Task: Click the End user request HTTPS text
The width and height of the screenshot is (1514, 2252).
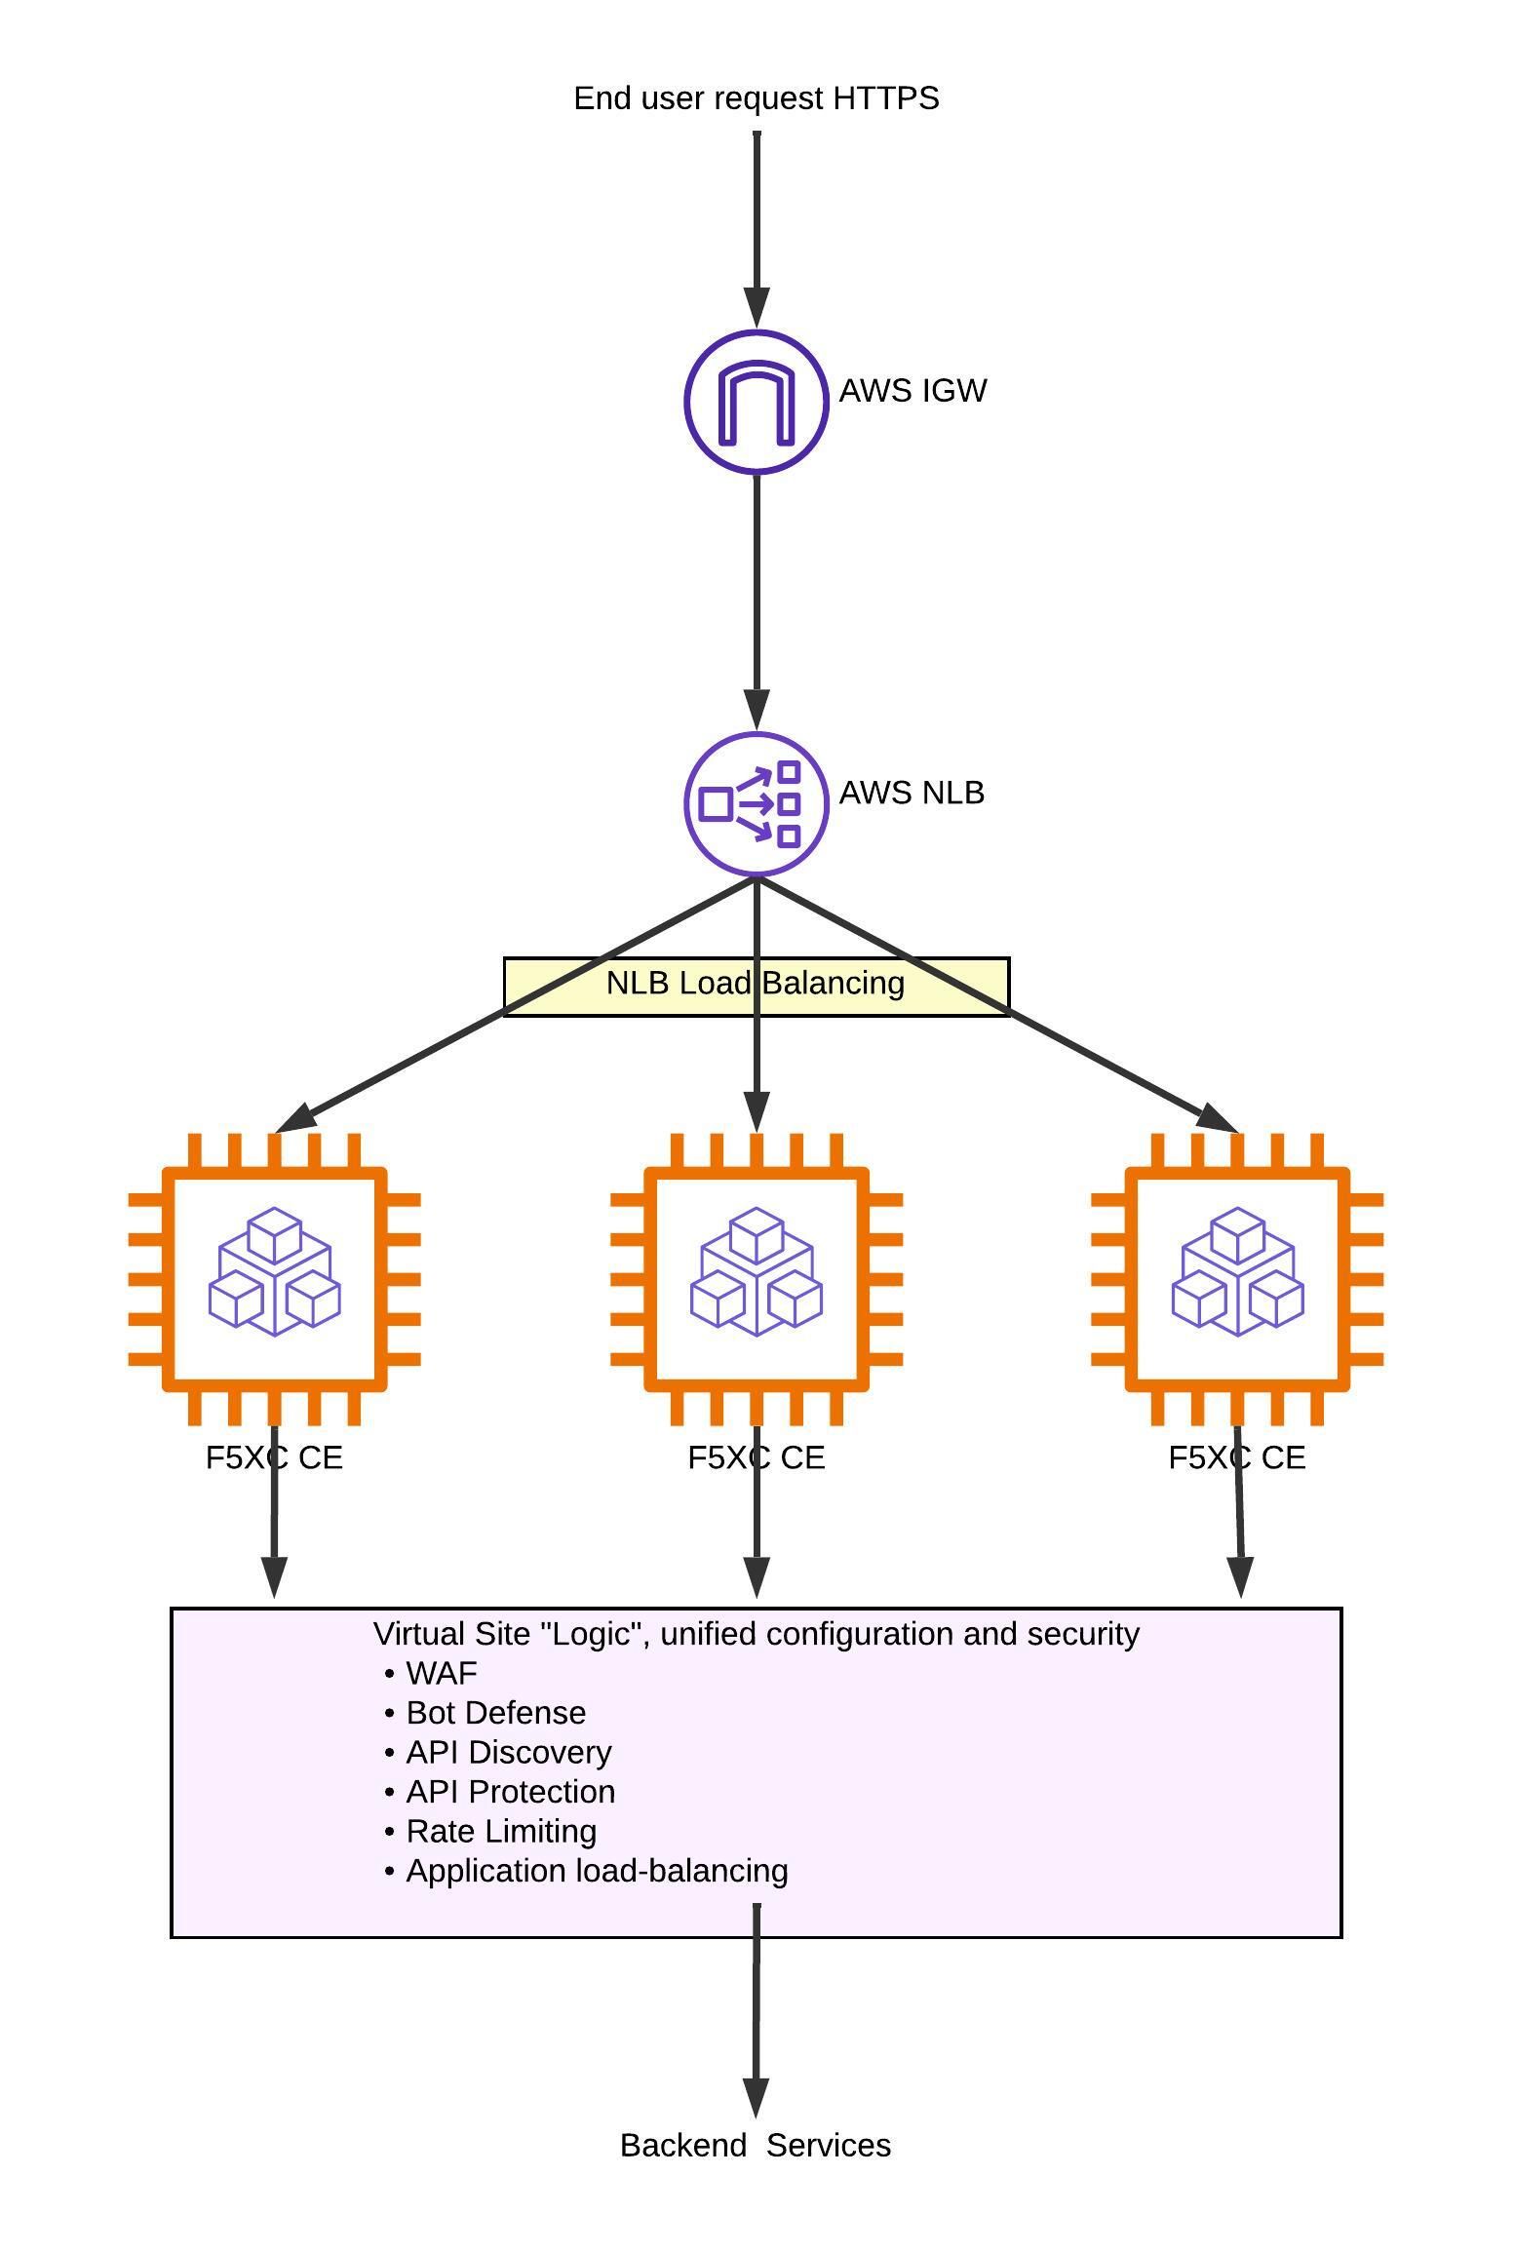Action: pos(756,98)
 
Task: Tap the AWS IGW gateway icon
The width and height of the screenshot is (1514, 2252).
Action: pos(757,402)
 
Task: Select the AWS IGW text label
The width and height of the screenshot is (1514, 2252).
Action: pos(912,390)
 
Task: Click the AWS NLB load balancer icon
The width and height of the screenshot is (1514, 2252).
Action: pos(757,804)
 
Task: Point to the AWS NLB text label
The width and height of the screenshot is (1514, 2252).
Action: pos(912,793)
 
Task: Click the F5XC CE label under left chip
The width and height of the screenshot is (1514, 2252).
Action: pos(275,1457)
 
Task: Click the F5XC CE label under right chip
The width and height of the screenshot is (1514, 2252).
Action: pos(1237,1457)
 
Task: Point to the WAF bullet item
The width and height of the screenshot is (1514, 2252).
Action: pos(441,1673)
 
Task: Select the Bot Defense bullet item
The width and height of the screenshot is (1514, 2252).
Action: pos(495,1713)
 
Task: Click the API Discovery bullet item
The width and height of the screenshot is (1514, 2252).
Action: pos(508,1752)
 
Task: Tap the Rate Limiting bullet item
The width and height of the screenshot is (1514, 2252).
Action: pos(500,1831)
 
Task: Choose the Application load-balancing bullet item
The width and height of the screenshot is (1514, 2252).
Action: pos(596,1871)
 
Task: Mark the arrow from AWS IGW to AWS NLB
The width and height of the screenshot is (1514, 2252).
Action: pos(757,595)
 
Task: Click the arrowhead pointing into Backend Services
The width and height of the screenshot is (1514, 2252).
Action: pos(757,2096)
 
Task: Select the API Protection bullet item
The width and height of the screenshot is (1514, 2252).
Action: pos(510,1792)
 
